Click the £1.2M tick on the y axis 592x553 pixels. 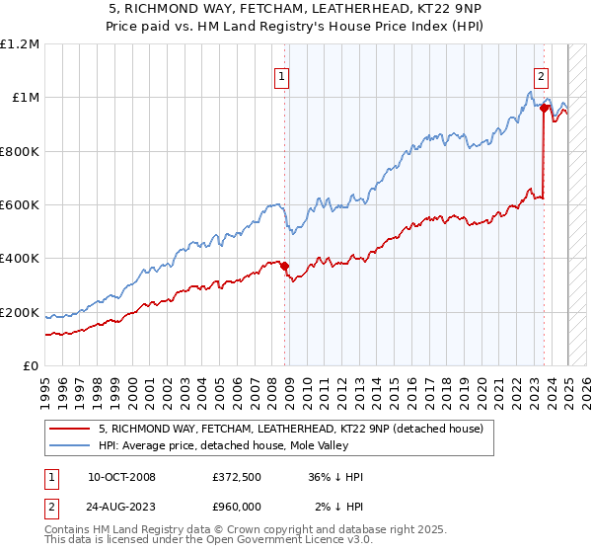click(20, 44)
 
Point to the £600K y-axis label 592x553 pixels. click(20, 205)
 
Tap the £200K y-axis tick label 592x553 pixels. click(20, 312)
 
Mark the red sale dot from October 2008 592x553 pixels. click(285, 266)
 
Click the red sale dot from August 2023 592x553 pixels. click(544, 109)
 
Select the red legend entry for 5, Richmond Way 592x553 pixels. click(290, 429)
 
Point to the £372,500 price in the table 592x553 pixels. click(236, 477)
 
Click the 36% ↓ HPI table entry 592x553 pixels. click(335, 477)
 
